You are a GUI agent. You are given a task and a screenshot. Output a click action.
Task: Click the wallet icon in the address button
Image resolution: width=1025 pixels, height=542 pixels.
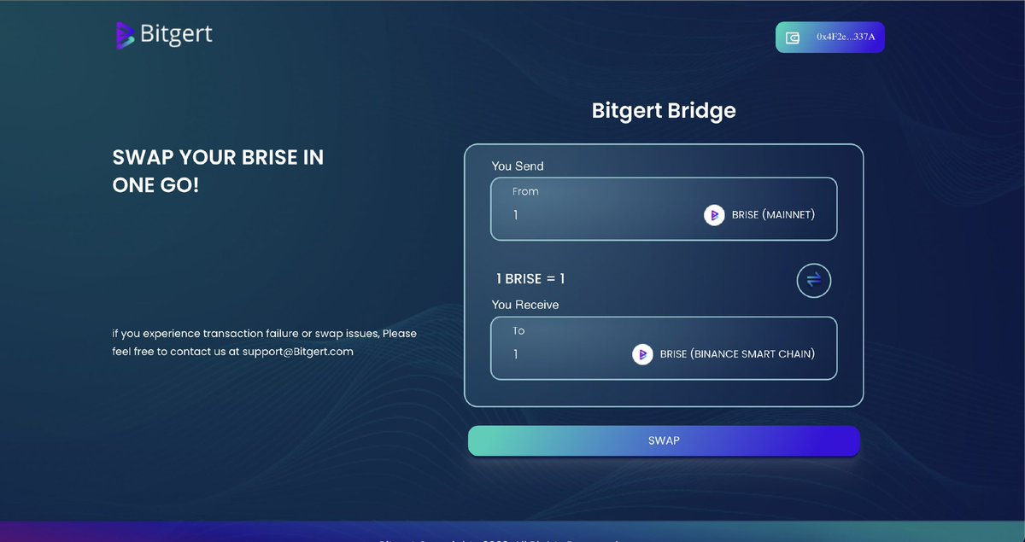[793, 38]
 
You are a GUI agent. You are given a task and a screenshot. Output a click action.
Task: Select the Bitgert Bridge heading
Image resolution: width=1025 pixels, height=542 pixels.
[664, 110]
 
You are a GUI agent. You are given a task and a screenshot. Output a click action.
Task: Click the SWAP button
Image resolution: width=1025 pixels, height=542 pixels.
[664, 440]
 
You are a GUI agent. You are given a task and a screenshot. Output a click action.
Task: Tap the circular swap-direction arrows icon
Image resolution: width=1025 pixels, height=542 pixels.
[813, 280]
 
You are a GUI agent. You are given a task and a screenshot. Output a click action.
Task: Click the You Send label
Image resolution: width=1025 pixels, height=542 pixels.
[518, 166]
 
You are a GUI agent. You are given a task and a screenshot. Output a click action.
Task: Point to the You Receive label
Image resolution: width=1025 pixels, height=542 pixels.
[525, 305]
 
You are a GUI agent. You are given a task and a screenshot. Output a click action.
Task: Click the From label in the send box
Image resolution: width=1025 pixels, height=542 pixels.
[525, 191]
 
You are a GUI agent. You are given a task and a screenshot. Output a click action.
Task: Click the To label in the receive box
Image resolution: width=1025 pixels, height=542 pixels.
[518, 330]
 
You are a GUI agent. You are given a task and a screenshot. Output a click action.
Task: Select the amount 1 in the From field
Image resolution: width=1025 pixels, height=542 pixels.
[516, 215]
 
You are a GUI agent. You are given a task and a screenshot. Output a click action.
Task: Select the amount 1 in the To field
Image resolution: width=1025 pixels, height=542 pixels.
[516, 354]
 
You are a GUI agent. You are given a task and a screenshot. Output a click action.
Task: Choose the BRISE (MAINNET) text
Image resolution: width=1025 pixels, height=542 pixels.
[773, 215]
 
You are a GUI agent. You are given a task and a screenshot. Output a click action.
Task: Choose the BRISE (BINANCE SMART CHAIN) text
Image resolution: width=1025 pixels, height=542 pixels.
[737, 354]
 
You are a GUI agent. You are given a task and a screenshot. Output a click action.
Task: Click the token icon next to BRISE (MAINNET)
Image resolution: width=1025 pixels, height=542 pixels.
[714, 215]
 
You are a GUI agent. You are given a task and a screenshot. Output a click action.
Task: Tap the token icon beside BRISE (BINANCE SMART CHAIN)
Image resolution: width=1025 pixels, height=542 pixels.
[642, 354]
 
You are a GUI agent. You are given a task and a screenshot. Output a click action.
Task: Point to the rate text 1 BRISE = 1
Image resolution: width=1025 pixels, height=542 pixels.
[530, 279]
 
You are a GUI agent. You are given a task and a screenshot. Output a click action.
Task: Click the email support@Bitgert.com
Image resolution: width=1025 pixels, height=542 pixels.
[297, 351]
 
